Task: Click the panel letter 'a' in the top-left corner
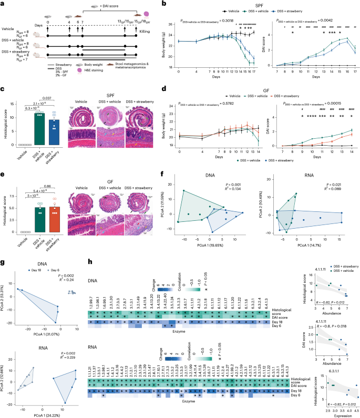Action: pyautogui.click(x=4, y=4)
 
